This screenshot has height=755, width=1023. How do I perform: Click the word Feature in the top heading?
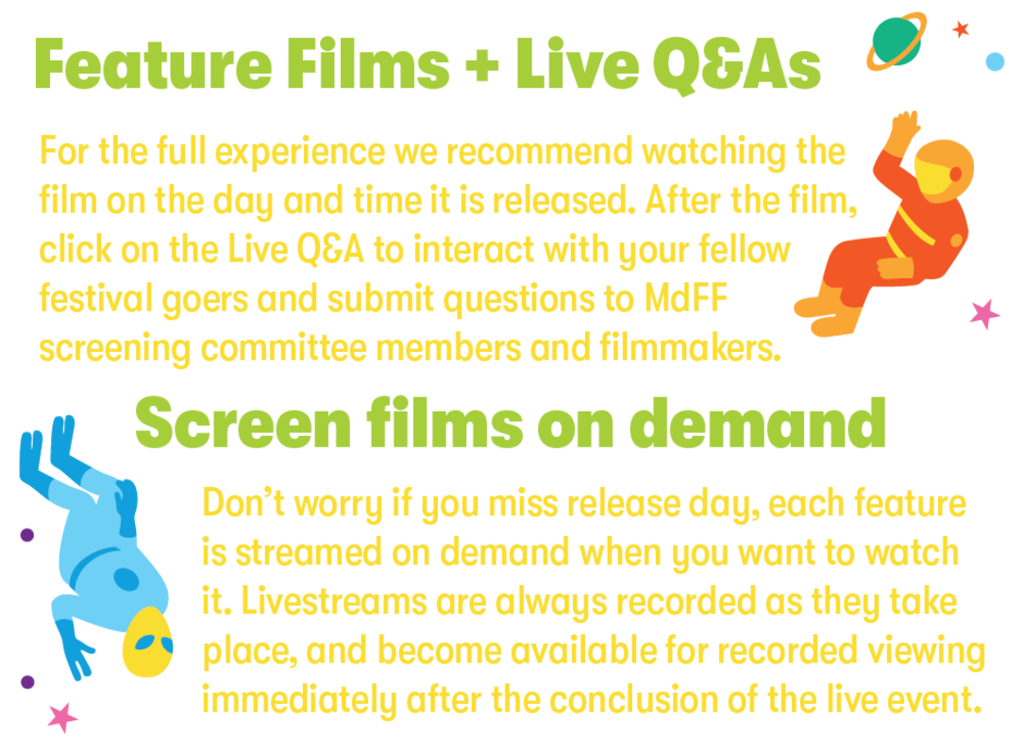[153, 63]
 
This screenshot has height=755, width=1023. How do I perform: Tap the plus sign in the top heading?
[482, 64]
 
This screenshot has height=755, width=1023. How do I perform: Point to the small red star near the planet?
[961, 28]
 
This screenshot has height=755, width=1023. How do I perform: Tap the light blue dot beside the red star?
[995, 61]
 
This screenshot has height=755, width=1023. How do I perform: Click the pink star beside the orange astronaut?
[984, 314]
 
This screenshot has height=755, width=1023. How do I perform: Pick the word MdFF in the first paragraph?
[686, 299]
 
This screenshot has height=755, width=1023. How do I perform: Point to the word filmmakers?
[690, 347]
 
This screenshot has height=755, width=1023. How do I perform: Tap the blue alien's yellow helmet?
[147, 642]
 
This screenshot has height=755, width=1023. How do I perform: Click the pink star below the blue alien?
[62, 718]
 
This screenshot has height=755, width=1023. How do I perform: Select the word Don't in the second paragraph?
[243, 503]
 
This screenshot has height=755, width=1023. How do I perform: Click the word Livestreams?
[333, 601]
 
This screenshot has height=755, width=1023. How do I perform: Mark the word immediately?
[299, 699]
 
